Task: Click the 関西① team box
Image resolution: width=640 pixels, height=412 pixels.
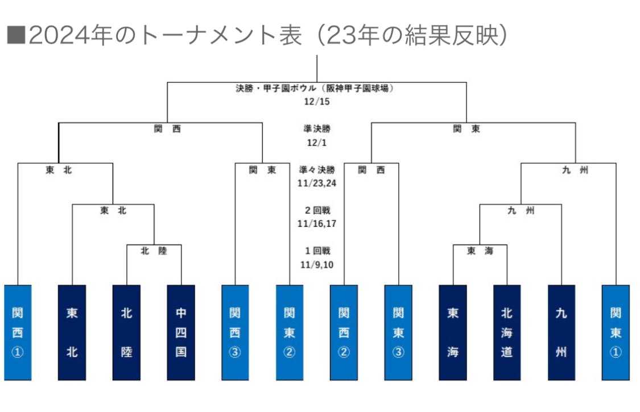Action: point(18,332)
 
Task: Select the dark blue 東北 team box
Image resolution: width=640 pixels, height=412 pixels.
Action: point(72,332)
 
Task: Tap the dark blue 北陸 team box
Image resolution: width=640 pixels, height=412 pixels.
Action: point(126,332)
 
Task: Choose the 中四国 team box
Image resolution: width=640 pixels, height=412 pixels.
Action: point(181,332)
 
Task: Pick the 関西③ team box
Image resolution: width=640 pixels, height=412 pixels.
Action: point(235,332)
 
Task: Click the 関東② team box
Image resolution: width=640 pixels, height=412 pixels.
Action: point(290,332)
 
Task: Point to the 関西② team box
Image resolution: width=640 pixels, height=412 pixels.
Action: point(344,332)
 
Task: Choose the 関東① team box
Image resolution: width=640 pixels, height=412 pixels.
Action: point(616,332)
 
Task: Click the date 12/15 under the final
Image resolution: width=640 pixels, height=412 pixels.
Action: point(317,102)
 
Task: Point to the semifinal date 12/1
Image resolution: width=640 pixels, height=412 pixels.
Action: point(317,142)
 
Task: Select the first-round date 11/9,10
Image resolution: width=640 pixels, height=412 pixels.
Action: point(317,264)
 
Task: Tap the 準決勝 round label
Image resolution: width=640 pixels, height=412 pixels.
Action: point(317,129)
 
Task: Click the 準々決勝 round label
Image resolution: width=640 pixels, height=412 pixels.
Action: point(317,169)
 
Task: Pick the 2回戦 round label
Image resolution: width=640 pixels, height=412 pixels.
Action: point(317,210)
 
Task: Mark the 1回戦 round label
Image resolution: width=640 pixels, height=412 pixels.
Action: point(317,251)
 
